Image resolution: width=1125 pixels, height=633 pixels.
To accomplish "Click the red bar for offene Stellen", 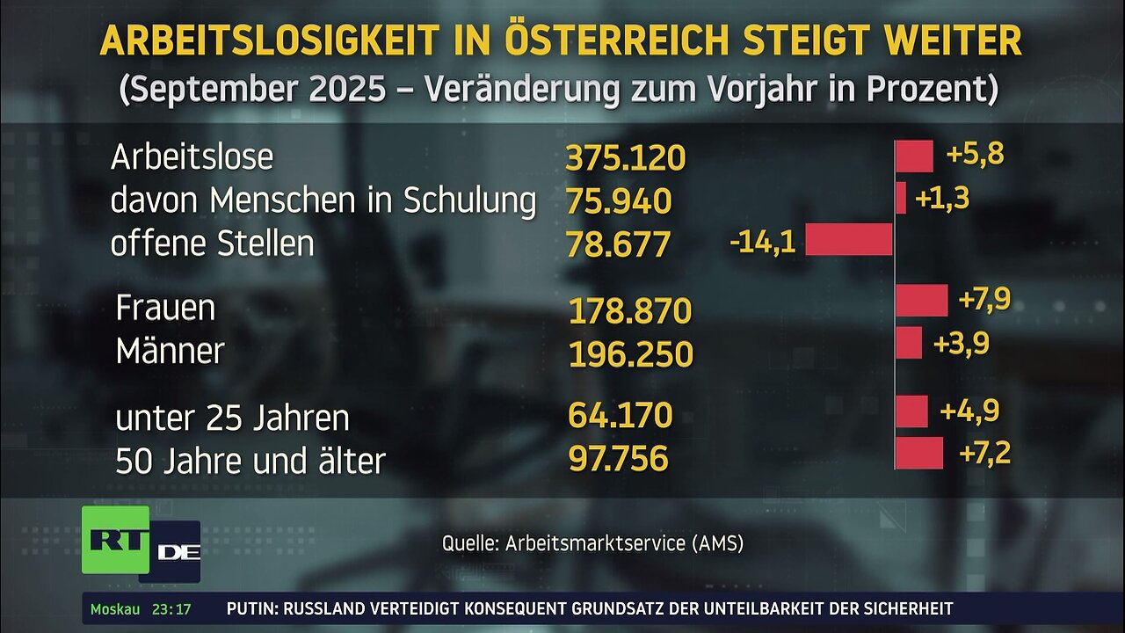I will click(x=848, y=239).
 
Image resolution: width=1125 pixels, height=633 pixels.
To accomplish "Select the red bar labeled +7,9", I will click(x=921, y=300).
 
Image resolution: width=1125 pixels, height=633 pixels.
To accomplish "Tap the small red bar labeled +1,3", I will click(x=900, y=198).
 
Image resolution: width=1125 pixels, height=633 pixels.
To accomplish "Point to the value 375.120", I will click(x=625, y=158).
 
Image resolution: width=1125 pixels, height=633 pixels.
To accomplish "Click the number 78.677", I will click(x=619, y=244).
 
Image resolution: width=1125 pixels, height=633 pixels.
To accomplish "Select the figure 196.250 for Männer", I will click(x=630, y=354).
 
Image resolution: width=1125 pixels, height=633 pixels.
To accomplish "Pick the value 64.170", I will click(x=620, y=414).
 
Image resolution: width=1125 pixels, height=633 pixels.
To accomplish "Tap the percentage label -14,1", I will click(x=762, y=242).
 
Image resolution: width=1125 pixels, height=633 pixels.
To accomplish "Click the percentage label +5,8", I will click(x=975, y=155).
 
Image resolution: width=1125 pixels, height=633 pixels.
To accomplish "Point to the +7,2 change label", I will click(x=984, y=454).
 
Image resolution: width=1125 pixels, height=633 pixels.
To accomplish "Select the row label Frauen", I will click(x=165, y=309).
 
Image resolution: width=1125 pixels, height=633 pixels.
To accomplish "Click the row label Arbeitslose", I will click(x=192, y=157).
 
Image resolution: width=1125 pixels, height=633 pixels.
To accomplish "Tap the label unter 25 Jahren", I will click(x=232, y=418).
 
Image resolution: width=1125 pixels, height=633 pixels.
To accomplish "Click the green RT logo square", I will click(x=115, y=539).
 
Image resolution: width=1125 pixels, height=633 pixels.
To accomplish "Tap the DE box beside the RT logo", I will click(x=178, y=552).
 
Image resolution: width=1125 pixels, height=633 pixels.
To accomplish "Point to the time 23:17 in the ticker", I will click(x=171, y=608).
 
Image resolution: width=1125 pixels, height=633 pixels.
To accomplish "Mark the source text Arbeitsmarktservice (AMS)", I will click(x=624, y=543).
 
